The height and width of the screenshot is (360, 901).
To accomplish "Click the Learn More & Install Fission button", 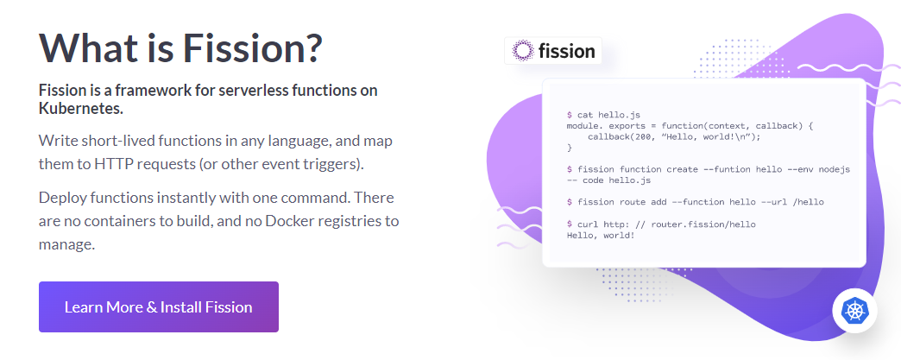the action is [x=159, y=306].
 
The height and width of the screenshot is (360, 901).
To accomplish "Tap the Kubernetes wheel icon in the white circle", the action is [x=855, y=311].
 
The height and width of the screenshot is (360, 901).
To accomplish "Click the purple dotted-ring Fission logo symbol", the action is [x=523, y=51].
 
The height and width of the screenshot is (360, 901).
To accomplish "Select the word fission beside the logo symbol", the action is [x=566, y=51].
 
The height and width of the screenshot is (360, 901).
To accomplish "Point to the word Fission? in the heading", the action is [x=252, y=47].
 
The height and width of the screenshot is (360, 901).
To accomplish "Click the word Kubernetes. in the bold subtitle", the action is [x=81, y=108].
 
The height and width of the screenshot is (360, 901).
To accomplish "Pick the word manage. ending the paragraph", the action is [x=66, y=244].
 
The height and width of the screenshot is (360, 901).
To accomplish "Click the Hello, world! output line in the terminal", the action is [x=601, y=235].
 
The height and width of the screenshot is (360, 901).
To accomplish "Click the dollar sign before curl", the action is [x=570, y=224].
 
